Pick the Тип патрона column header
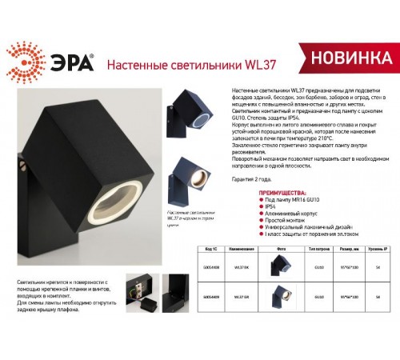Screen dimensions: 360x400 pyautogui.click(x=318, y=250)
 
